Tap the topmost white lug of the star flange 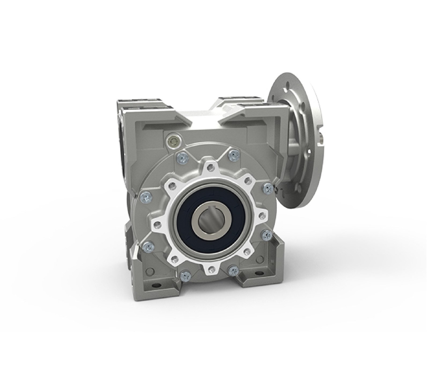click(x=209, y=168)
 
